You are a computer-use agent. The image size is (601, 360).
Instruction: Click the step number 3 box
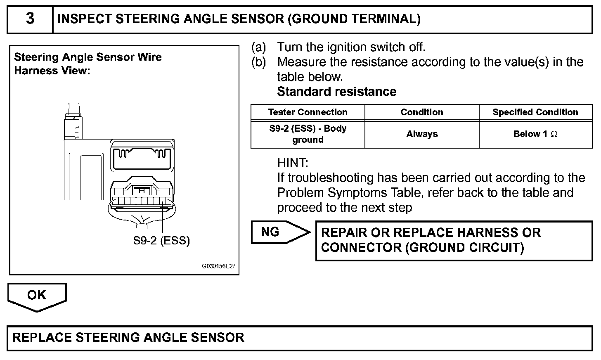click(x=30, y=19)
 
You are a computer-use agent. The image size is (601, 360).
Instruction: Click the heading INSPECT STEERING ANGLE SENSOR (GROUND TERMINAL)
click(x=239, y=19)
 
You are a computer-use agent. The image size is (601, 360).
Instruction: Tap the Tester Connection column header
click(x=308, y=112)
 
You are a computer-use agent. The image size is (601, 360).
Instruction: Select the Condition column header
click(x=421, y=112)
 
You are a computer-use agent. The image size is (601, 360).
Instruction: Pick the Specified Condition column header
click(x=535, y=112)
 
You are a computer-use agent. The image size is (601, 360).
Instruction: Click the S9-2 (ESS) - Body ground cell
click(x=308, y=134)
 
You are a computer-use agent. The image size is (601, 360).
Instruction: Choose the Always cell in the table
click(x=421, y=134)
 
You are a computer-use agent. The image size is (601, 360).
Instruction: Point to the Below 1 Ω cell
click(x=535, y=134)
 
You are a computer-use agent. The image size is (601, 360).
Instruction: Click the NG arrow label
click(x=271, y=232)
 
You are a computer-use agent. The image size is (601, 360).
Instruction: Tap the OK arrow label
click(x=36, y=295)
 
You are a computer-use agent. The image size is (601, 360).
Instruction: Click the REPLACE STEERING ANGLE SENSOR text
click(x=128, y=338)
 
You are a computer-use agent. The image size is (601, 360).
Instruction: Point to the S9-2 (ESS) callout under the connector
click(x=161, y=241)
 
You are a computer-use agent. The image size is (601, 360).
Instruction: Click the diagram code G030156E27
click(x=218, y=266)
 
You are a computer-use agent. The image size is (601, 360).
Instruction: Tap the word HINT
click(x=293, y=163)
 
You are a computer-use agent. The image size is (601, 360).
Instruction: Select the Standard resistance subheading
click(x=336, y=92)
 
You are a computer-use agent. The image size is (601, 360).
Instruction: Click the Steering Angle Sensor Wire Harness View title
click(x=88, y=64)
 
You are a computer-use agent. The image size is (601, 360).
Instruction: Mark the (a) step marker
click(x=259, y=47)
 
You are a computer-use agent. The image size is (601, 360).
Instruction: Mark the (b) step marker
click(x=259, y=62)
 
